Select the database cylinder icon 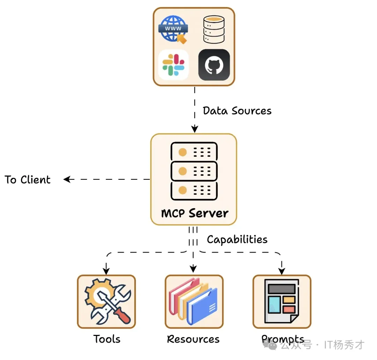[x=214, y=29]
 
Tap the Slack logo [x=173, y=65]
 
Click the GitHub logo [x=214, y=65]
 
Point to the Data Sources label [x=237, y=111]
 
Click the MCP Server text [x=194, y=213]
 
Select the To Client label [x=28, y=180]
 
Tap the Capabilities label [x=237, y=240]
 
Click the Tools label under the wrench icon [x=107, y=339]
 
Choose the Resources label [x=193, y=339]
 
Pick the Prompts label [x=282, y=339]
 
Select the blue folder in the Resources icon [x=202, y=307]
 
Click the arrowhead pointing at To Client [x=67, y=179]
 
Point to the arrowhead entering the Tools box [x=106, y=271]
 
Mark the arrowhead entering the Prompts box [x=282, y=271]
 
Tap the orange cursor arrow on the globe [x=182, y=39]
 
